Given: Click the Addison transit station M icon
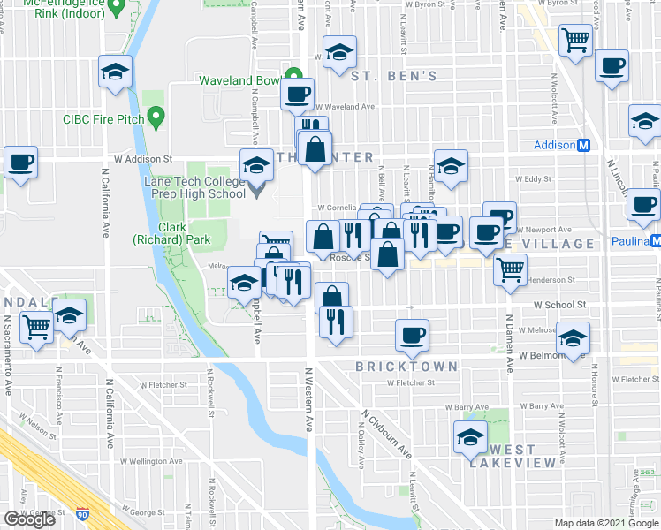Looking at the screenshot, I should pyautogui.click(x=583, y=146).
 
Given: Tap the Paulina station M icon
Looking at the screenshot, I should pyautogui.click(x=655, y=241).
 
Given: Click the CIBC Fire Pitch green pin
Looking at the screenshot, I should pyautogui.click(x=156, y=116).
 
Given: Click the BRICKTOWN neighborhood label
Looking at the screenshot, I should pyautogui.click(x=406, y=366).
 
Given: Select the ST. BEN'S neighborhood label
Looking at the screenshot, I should pyautogui.click(x=393, y=77).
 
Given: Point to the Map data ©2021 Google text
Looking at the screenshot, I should pyautogui.click(x=605, y=523).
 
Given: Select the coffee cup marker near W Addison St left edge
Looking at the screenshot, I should pyautogui.click(x=20, y=163).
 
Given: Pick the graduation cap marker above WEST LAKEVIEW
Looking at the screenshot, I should pyautogui.click(x=469, y=437).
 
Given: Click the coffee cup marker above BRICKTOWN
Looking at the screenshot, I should pyautogui.click(x=413, y=336).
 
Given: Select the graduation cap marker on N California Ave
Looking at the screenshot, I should pyautogui.click(x=115, y=72).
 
